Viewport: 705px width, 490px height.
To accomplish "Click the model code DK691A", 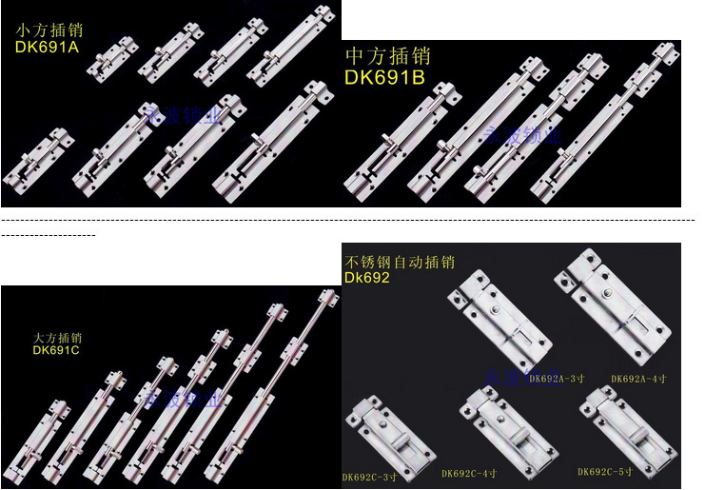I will pos(48,45).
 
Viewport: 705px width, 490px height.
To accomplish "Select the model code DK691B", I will pos(384,77).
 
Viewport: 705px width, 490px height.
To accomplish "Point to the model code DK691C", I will pos(56,350).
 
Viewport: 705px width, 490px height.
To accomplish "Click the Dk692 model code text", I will pos(367,278).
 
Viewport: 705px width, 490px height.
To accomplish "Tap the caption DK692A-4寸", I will pos(638,379).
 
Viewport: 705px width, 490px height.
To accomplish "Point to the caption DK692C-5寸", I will pos(605,471).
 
